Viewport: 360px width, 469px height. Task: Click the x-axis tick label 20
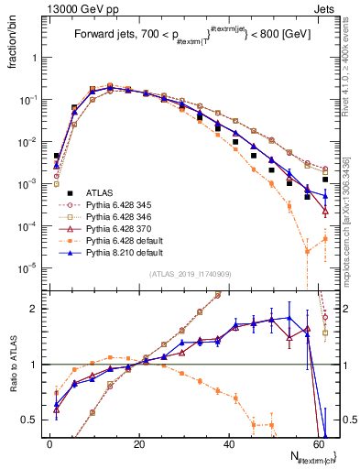tap(138, 443)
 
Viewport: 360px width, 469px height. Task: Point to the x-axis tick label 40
tap(228, 443)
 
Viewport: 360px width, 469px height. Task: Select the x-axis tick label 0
tap(49, 443)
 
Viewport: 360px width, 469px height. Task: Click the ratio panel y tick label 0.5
tap(33, 420)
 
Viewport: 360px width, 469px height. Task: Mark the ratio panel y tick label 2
tap(38, 310)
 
